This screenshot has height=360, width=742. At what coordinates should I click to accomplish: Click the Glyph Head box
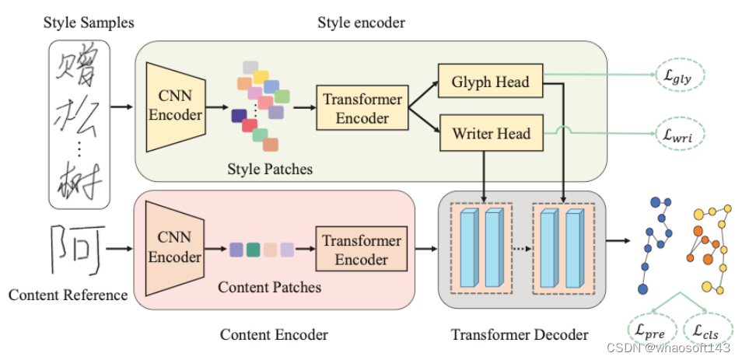click(x=490, y=82)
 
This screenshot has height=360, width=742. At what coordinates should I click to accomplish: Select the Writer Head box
click(x=491, y=134)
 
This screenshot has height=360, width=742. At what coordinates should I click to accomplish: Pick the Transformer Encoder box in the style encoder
click(x=362, y=109)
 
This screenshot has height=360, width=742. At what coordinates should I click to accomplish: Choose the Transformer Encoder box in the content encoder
click(x=362, y=250)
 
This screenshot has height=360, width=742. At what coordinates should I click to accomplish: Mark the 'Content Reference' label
click(x=68, y=295)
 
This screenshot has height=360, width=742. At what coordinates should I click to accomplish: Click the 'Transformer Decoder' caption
click(x=520, y=335)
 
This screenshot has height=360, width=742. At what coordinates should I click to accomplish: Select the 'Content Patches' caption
click(x=269, y=287)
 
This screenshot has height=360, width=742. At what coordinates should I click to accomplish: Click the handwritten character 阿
click(x=77, y=250)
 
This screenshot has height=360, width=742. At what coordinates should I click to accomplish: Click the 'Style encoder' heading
click(x=361, y=23)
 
